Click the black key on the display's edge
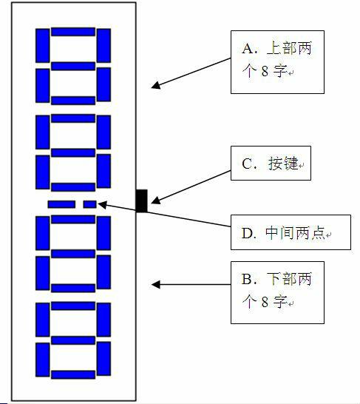click(141, 201)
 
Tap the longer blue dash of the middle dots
click(61, 204)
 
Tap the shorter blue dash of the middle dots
click(89, 204)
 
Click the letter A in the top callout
click(248, 48)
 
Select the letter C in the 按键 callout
click(248, 164)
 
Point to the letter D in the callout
click(248, 233)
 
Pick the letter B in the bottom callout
click(247, 279)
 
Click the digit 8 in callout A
click(265, 71)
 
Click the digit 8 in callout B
click(265, 302)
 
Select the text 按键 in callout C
click(283, 164)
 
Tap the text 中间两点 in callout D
click(295, 233)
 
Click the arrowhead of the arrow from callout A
click(156, 86)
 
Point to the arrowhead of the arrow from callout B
click(156, 284)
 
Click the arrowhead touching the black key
click(156, 201)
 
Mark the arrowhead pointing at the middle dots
click(103, 205)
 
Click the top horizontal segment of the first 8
click(73, 32)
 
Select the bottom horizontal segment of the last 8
click(73, 374)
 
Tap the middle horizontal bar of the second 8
click(73, 152)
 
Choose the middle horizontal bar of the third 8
click(73, 254)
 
